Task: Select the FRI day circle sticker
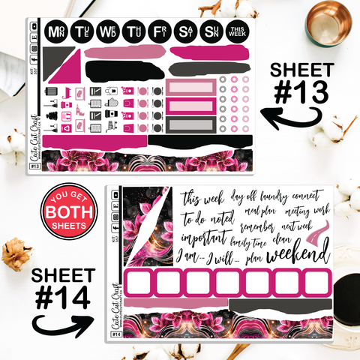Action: [159, 32]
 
